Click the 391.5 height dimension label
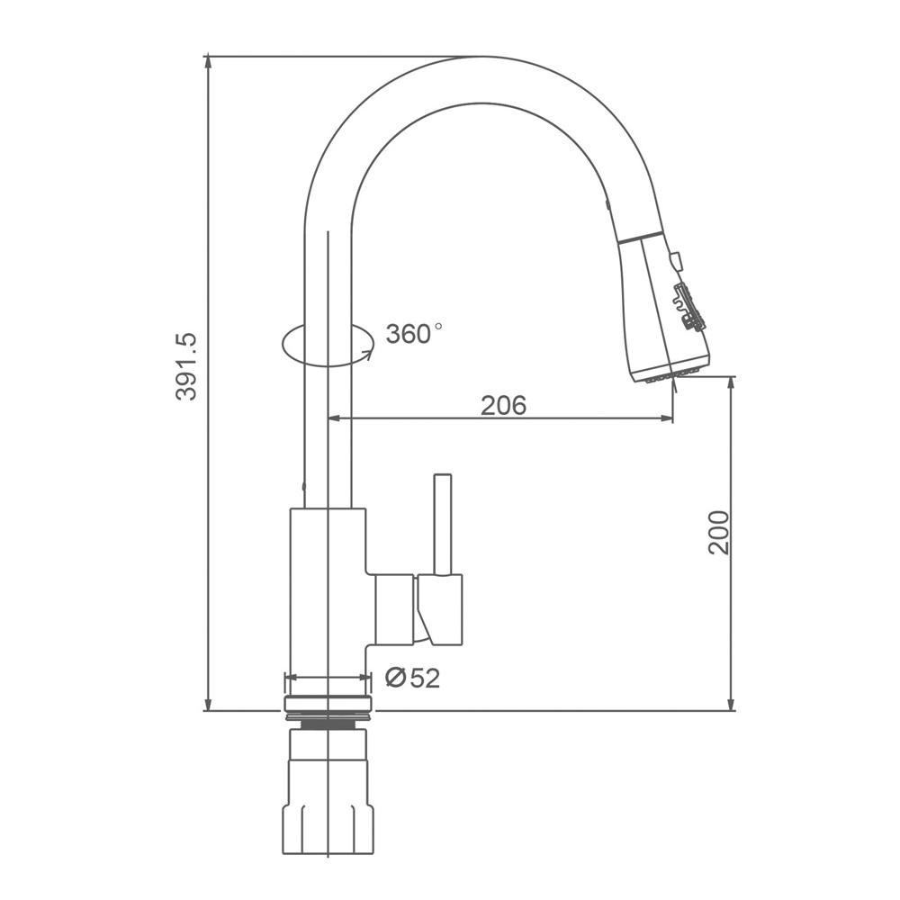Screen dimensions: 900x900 point(186,367)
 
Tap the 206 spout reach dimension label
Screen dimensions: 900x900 point(503,405)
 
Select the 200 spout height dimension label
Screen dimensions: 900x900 point(718,532)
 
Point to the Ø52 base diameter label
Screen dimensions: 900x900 point(413,678)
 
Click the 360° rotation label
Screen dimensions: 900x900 point(414,333)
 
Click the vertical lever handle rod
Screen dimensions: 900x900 point(443,524)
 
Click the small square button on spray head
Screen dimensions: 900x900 point(676,260)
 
